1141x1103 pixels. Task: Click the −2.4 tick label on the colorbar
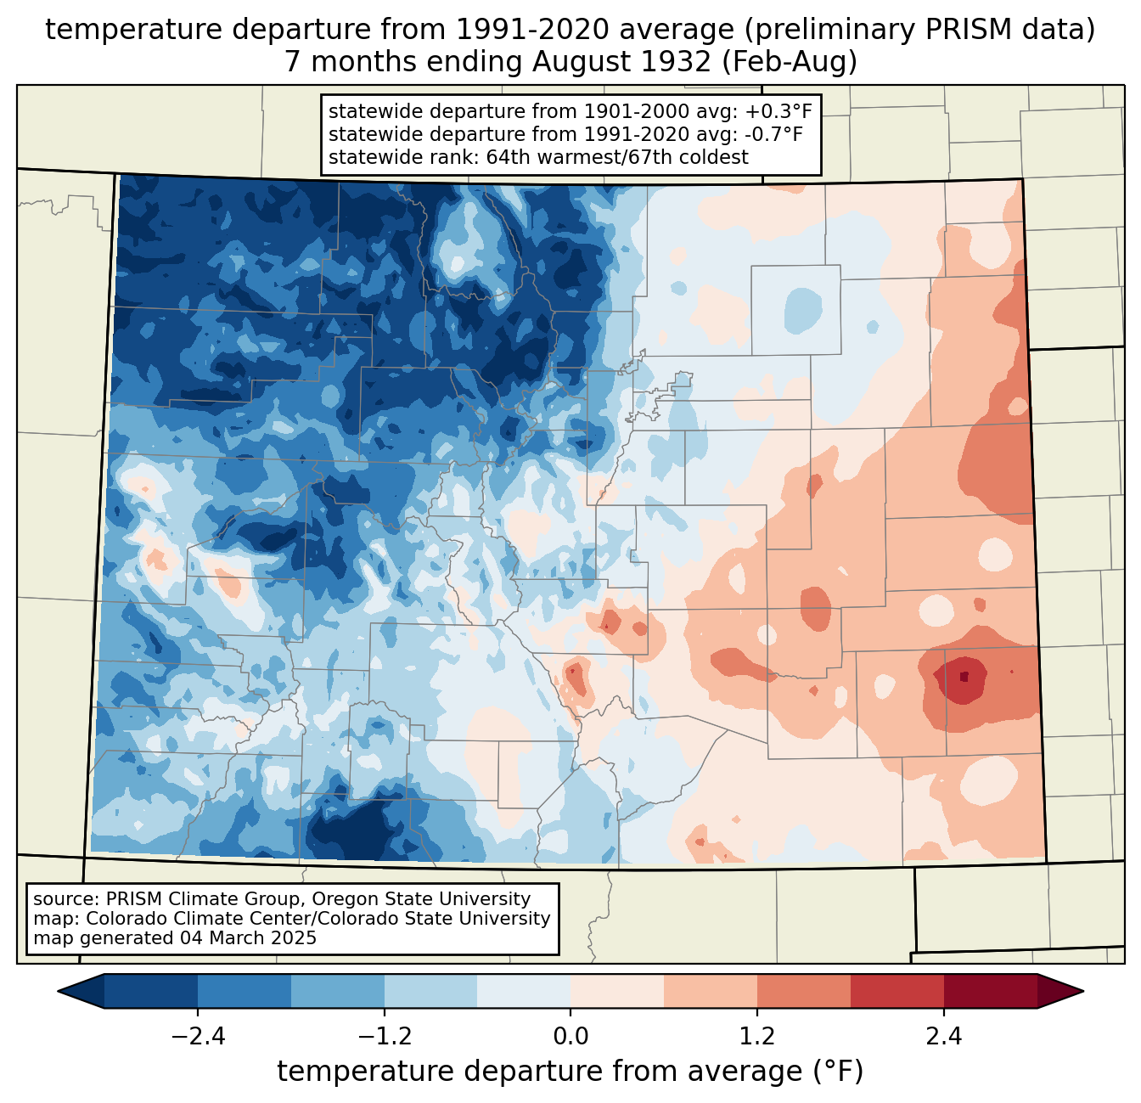point(198,1037)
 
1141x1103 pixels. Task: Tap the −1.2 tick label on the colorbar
point(385,1037)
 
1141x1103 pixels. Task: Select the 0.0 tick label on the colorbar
point(570,1037)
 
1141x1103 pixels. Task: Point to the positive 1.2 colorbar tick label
point(757,1037)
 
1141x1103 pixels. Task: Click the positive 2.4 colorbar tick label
point(943,1037)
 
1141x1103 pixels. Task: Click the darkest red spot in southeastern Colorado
point(964,677)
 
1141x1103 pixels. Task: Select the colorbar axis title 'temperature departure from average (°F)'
point(570,1072)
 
